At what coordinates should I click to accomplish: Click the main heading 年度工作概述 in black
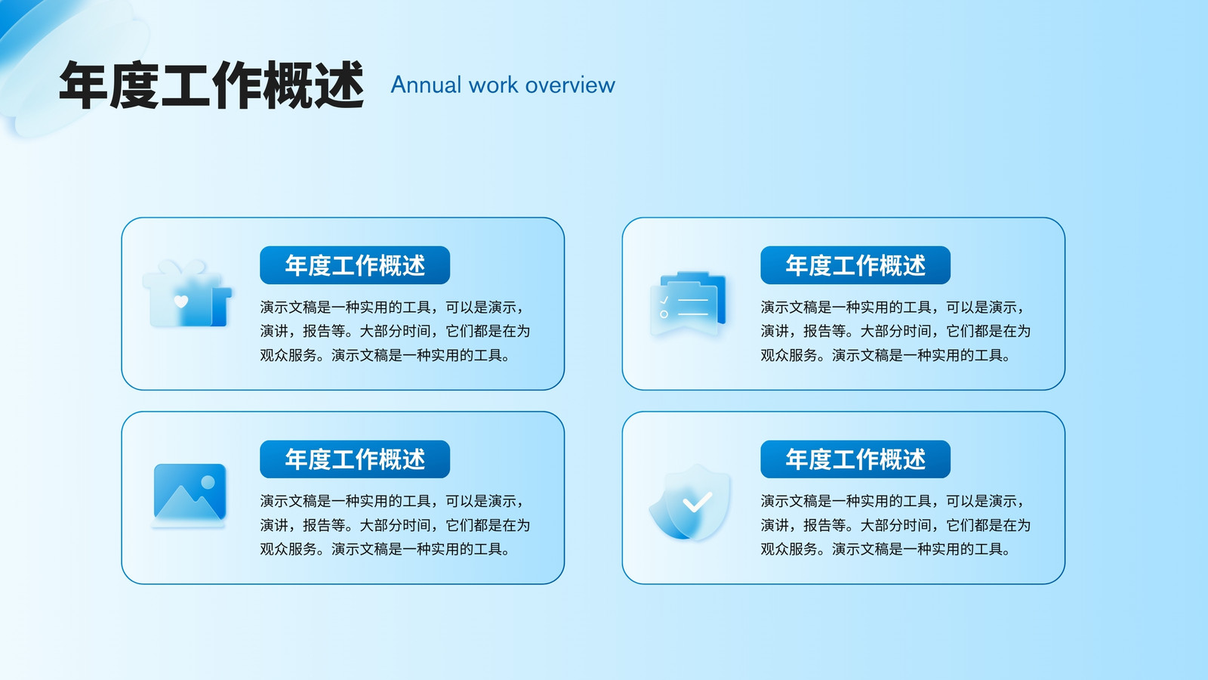211,85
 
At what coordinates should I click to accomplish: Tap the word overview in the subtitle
570,85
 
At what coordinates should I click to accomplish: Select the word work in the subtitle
494,85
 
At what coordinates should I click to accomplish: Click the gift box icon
186,293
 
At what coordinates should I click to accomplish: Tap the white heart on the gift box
181,301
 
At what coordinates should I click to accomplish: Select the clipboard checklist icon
688,303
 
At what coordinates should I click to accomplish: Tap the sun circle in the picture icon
208,482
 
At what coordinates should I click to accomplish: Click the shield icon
690,502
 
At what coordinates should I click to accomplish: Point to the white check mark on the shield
698,502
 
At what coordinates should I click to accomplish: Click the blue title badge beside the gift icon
355,265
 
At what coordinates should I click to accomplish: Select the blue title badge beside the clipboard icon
855,265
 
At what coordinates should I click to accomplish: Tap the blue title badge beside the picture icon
355,459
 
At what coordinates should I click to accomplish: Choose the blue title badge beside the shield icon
855,459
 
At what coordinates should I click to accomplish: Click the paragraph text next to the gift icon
396,332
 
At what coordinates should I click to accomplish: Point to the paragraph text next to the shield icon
895,525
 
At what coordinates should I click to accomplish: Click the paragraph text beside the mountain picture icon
396,525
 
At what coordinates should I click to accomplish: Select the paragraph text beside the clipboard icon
895,332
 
